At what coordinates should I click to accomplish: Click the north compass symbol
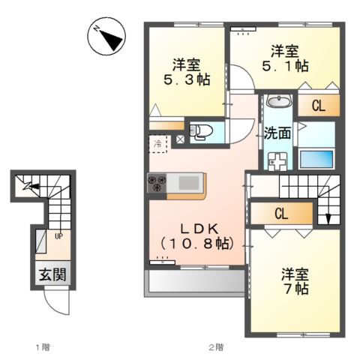106,37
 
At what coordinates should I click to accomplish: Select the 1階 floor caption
43,347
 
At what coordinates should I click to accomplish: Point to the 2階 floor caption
217,347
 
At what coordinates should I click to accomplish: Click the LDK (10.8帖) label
197,235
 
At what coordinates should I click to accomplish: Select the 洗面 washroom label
277,133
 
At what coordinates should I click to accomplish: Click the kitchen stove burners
157,183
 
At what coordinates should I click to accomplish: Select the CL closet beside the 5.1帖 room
318,106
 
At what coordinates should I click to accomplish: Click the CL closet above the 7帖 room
281,214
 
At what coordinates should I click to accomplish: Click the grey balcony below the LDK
196,280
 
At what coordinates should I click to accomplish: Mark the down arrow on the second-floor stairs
329,218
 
